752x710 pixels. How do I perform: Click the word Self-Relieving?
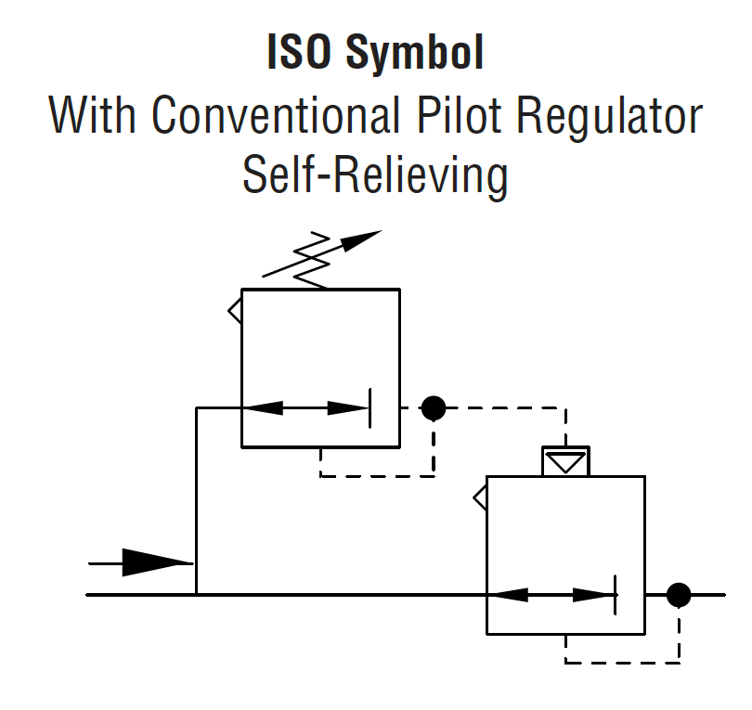click(x=375, y=174)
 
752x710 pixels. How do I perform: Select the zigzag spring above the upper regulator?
click(x=312, y=260)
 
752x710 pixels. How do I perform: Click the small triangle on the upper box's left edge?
click(x=236, y=309)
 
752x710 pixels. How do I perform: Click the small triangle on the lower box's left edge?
click(x=481, y=498)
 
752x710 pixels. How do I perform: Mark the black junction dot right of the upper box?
click(x=434, y=407)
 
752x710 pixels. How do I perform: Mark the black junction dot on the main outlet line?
click(x=679, y=594)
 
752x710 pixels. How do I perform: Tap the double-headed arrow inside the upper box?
click(x=305, y=407)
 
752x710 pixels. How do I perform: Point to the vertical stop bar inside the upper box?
click(x=370, y=407)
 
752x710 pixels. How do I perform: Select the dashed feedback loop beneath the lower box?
click(x=622, y=662)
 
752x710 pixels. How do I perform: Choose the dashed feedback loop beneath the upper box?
click(x=376, y=475)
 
